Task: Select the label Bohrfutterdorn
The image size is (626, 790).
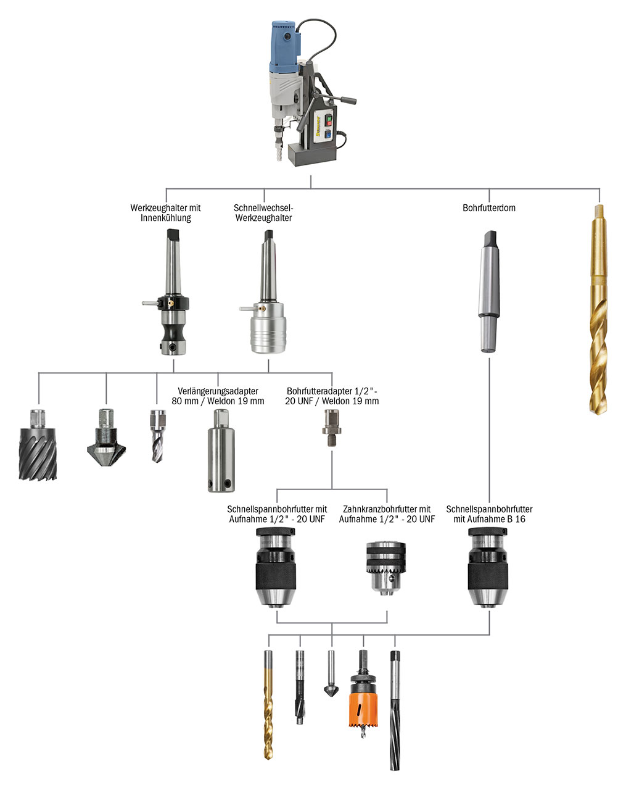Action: [x=488, y=208]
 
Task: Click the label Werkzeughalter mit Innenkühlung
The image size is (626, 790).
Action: [x=165, y=213]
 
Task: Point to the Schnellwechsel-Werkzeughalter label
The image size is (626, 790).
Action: [x=263, y=213]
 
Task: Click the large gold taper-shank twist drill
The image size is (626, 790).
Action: [x=596, y=309]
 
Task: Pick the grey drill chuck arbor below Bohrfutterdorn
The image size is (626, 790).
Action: [x=488, y=290]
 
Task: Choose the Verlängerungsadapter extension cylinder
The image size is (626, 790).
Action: [x=220, y=457]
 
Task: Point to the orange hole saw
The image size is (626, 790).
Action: [x=363, y=704]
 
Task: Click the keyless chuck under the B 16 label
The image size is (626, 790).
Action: [x=488, y=571]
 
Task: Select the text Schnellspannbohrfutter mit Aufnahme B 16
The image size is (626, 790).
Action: [x=488, y=514]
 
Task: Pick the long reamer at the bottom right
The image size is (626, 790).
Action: [x=395, y=710]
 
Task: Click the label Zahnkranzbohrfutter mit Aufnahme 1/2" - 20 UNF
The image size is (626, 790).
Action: [x=387, y=514]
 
